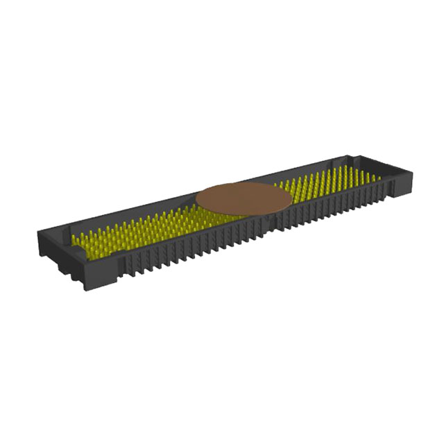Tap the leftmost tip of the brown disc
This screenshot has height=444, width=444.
[x=196, y=201]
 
